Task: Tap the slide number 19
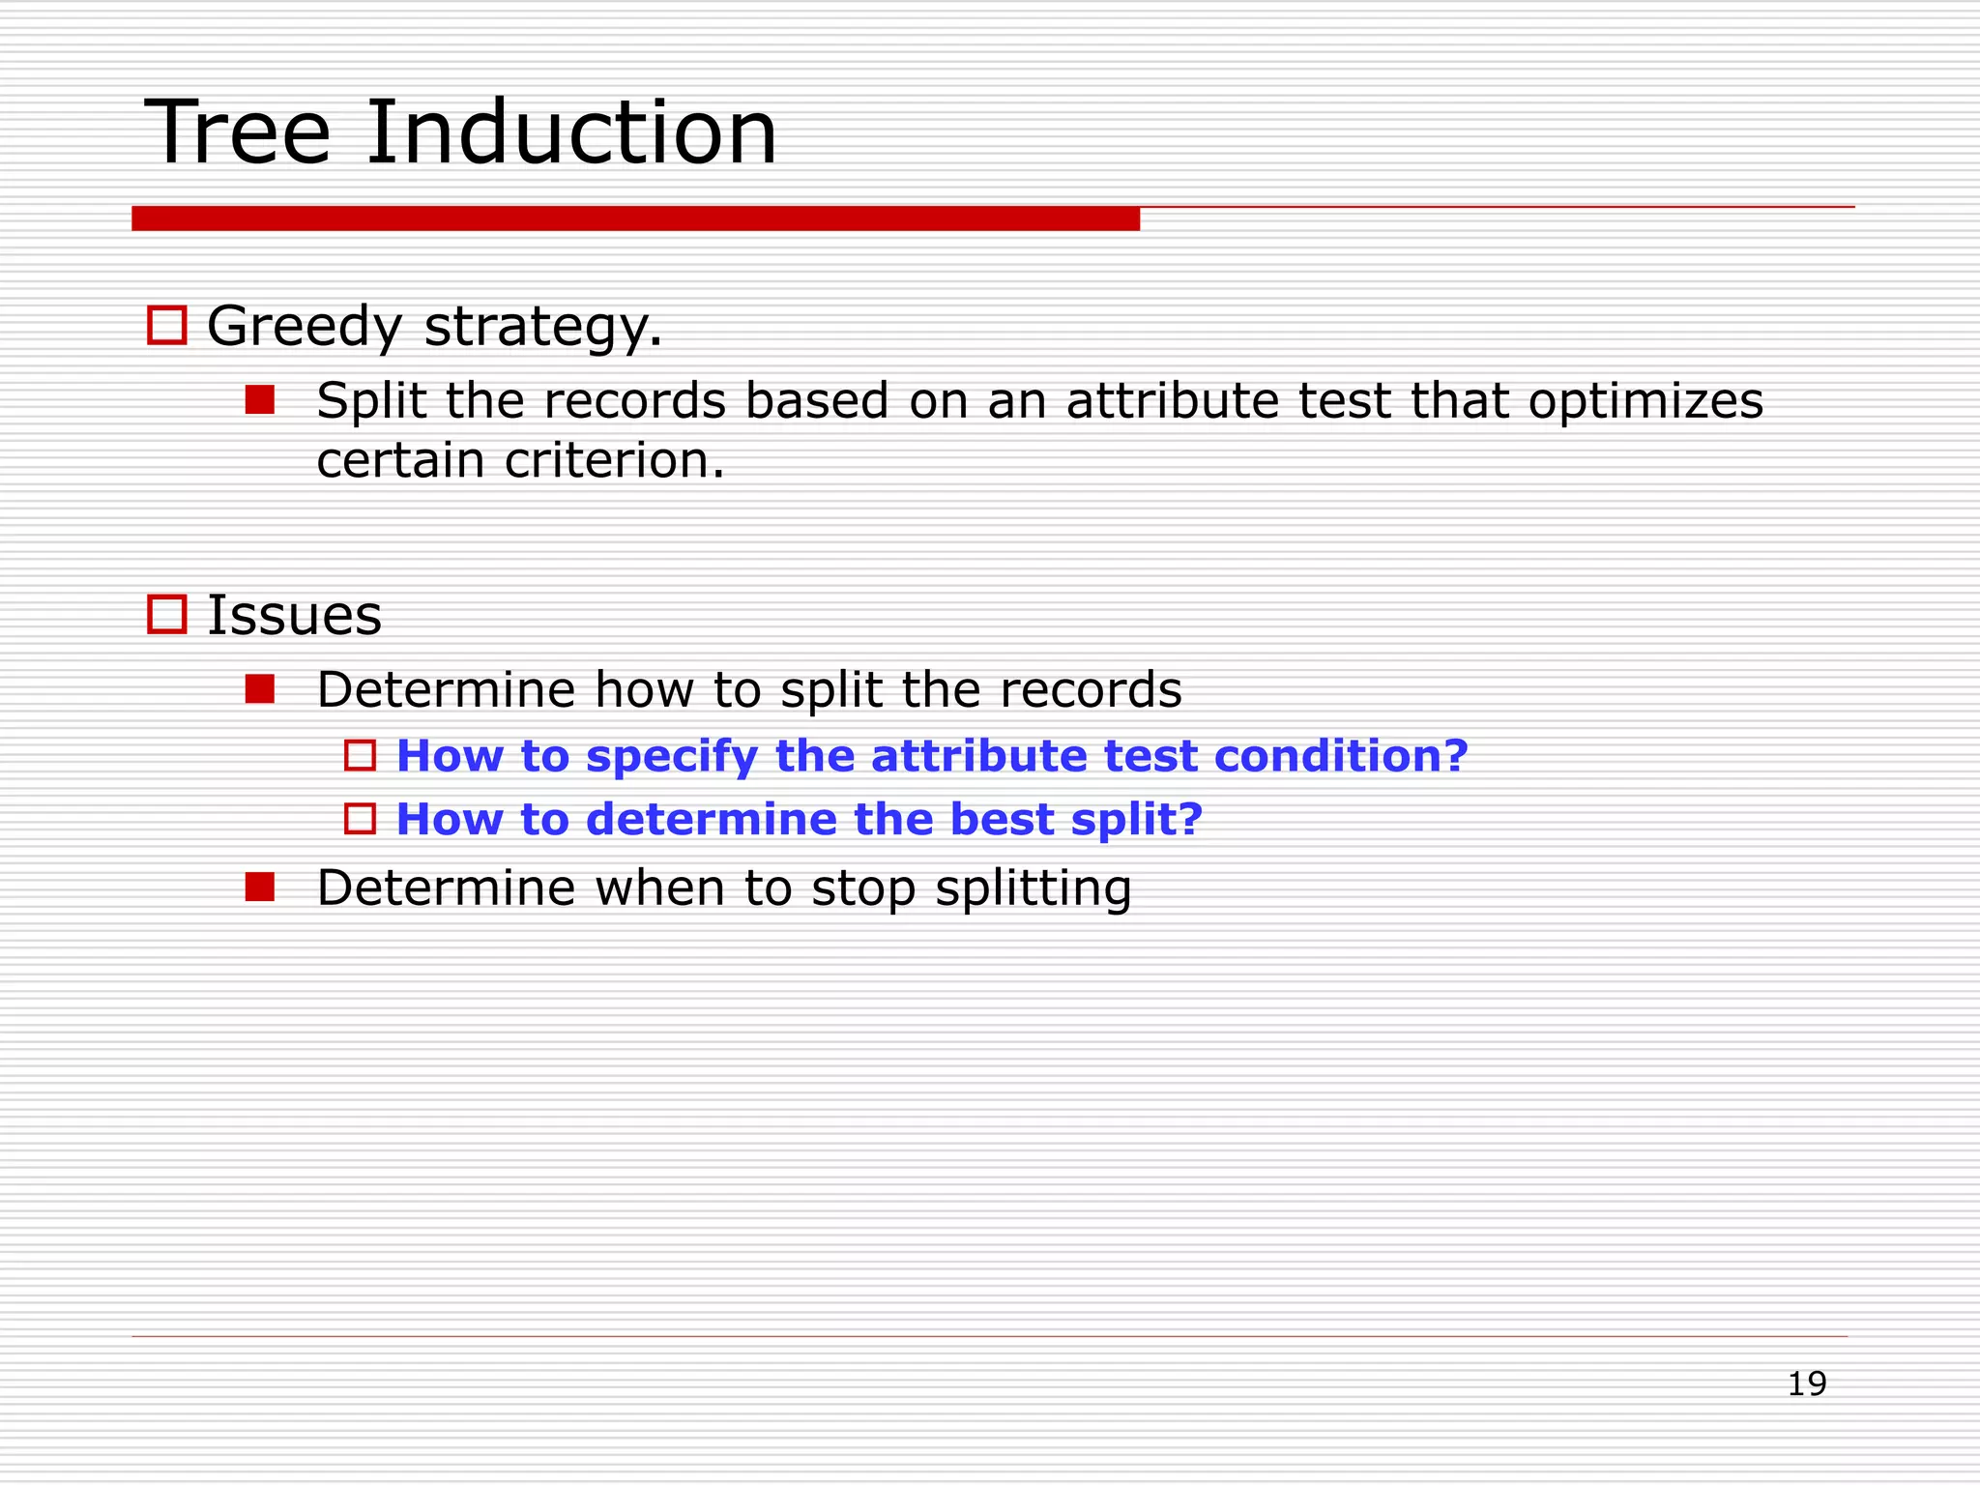1806,1383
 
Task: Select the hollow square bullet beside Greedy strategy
166,325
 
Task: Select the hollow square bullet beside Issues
166,614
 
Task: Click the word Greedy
304,327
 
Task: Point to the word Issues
295,616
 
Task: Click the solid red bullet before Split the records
259,399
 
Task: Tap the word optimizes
1645,402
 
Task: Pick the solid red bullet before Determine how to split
259,688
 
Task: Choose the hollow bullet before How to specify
360,755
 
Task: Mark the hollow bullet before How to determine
360,819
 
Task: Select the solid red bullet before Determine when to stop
259,887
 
